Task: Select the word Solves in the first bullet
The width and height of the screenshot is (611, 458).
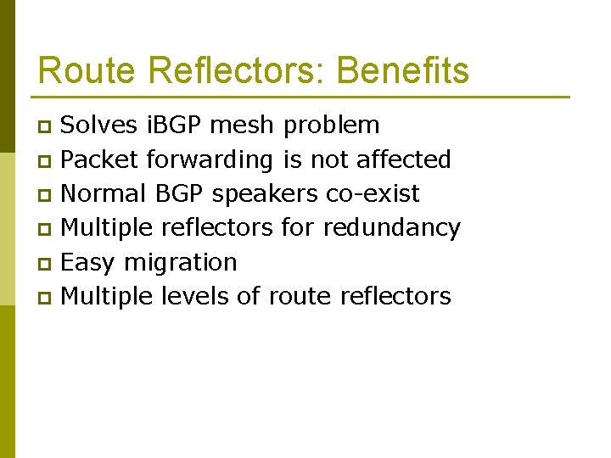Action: tap(100, 126)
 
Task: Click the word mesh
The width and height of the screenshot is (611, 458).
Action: tap(241, 126)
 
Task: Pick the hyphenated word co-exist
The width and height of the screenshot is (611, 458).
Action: tap(373, 193)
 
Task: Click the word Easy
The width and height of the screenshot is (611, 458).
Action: tap(89, 263)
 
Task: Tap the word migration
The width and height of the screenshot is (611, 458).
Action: tap(180, 263)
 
